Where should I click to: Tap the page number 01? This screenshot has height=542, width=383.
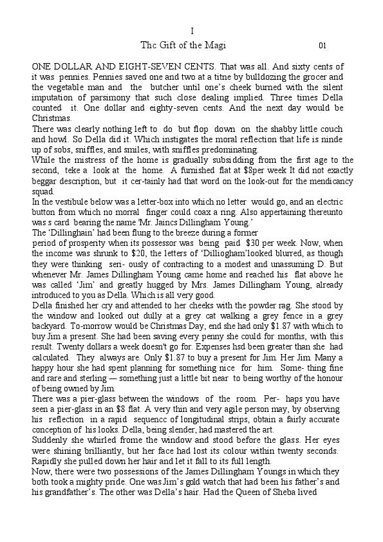(x=322, y=46)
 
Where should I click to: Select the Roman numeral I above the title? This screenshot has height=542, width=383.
(x=192, y=31)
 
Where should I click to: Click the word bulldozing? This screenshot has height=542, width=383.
(x=277, y=77)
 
